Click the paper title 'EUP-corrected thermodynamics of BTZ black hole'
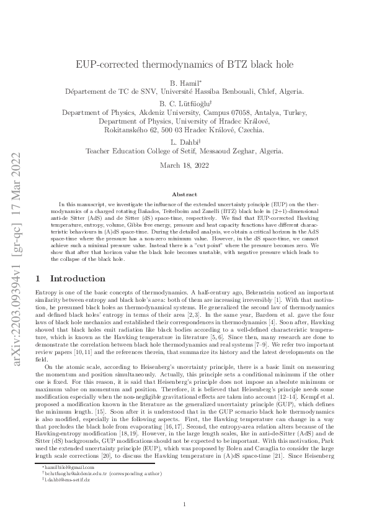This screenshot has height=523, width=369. (184, 64)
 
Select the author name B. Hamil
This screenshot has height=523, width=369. (184, 82)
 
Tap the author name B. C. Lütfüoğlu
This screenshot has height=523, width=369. (184, 102)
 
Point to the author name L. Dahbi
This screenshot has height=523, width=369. (184, 141)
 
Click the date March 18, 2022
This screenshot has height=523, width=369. (184, 165)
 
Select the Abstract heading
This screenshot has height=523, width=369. (184, 194)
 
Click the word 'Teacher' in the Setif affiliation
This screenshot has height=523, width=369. (100, 150)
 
